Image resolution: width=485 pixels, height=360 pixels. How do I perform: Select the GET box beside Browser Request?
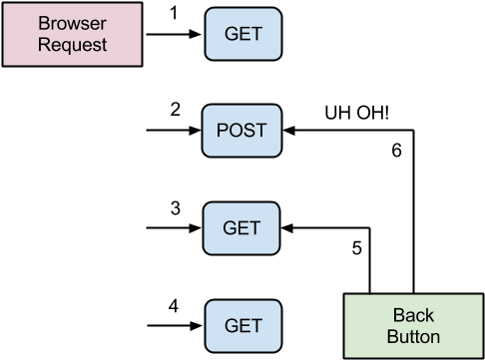(x=242, y=33)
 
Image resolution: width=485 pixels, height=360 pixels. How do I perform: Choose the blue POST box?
(x=242, y=131)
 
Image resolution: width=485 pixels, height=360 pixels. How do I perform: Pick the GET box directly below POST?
(x=242, y=227)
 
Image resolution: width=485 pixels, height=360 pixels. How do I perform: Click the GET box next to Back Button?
(x=242, y=325)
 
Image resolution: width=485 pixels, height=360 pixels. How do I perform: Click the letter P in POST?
(x=223, y=131)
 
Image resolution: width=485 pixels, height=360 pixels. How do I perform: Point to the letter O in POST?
(x=236, y=131)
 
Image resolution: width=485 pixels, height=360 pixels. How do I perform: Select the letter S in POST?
(x=249, y=131)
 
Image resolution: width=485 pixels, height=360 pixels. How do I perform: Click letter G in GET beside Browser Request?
(x=230, y=33)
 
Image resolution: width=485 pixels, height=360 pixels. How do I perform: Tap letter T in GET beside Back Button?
(x=255, y=325)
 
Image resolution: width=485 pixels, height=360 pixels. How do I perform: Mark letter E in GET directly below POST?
(x=243, y=227)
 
